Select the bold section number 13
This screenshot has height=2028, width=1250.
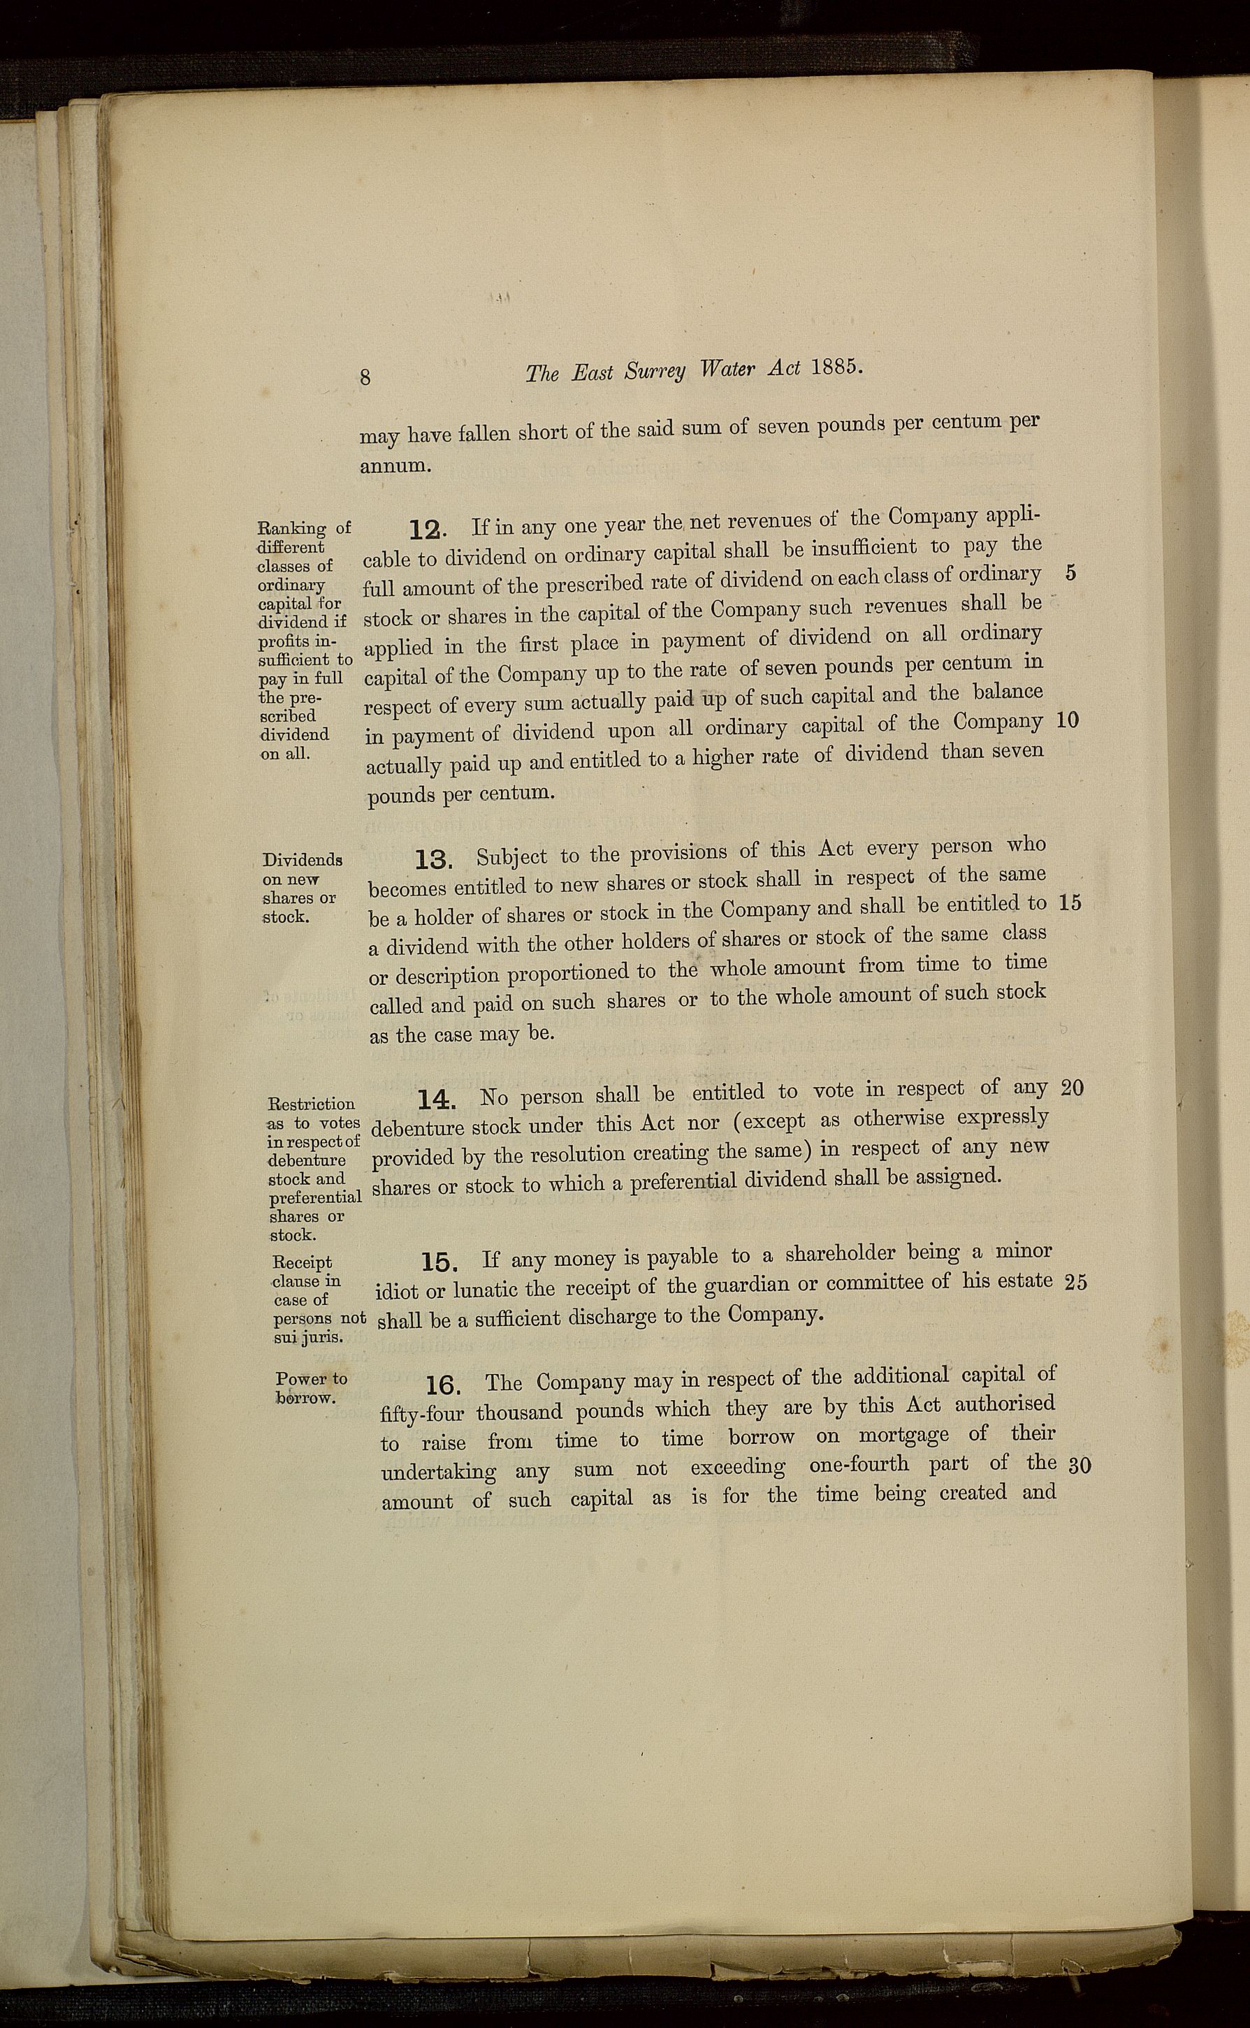[433, 861]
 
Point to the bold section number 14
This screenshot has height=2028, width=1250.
[436, 1100]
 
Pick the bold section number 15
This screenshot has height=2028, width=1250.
[439, 1263]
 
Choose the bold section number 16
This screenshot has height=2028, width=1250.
[444, 1385]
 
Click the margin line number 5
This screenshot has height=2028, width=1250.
[1070, 574]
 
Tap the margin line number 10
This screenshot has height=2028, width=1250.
[1068, 721]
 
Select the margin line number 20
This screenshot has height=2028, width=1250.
[1071, 1088]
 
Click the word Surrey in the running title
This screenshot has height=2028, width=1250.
[655, 372]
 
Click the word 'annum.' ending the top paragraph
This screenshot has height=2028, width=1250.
[394, 465]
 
